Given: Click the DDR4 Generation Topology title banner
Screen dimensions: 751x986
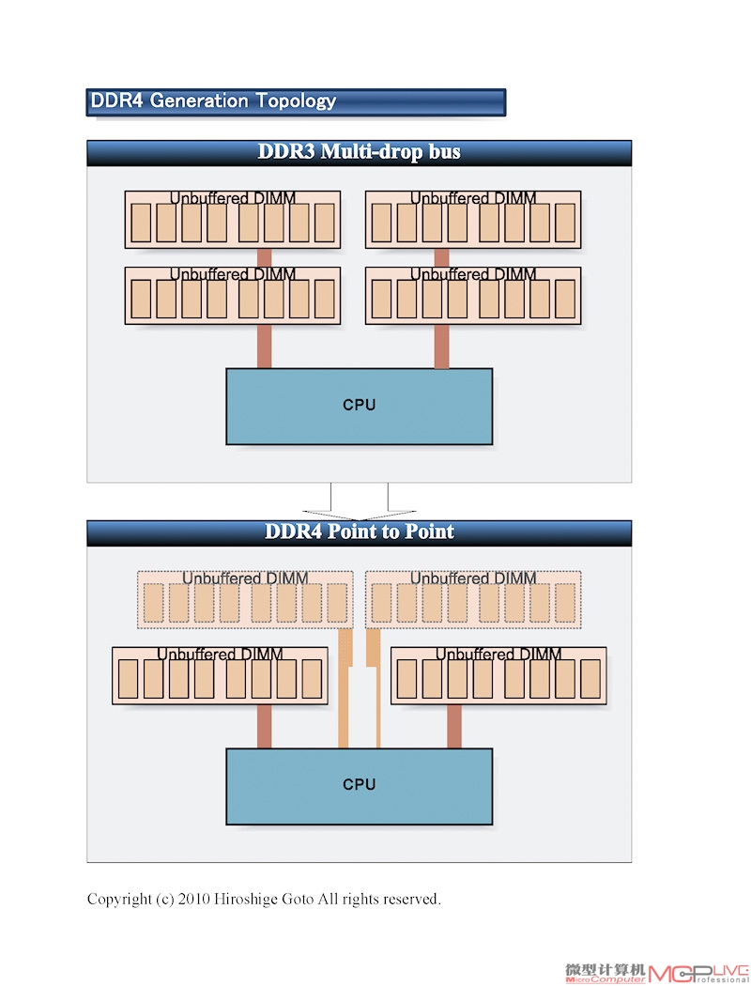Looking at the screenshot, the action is [296, 101].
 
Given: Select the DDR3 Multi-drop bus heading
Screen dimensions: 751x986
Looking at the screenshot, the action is [359, 151].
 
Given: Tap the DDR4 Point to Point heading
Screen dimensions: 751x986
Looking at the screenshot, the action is [359, 532].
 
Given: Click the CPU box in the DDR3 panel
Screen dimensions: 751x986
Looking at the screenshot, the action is [359, 407].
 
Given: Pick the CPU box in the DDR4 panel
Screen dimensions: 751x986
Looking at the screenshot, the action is [359, 786].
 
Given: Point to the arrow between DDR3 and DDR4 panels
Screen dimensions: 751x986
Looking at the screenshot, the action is [359, 501].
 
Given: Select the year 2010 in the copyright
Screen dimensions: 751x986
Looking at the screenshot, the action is [193, 900].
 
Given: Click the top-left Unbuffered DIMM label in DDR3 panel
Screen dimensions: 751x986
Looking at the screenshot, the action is [233, 198].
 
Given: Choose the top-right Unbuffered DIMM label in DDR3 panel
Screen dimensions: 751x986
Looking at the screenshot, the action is [473, 198].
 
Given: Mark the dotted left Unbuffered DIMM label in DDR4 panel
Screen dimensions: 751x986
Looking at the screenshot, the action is [245, 578].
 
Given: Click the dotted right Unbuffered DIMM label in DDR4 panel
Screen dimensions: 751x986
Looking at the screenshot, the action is [473, 578].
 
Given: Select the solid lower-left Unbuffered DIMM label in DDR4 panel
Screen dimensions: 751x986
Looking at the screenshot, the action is [220, 654].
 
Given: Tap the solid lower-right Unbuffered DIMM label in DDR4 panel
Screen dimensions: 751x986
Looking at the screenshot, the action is [498, 654].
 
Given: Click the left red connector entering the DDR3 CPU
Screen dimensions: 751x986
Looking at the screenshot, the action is [265, 347].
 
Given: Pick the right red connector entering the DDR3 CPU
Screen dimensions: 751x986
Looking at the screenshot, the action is [442, 347].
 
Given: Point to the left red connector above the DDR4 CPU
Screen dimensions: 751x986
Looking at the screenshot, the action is [265, 726].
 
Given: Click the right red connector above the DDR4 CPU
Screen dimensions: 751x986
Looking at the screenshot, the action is [454, 726].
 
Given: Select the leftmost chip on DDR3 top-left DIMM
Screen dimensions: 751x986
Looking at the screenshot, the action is [141, 223].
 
